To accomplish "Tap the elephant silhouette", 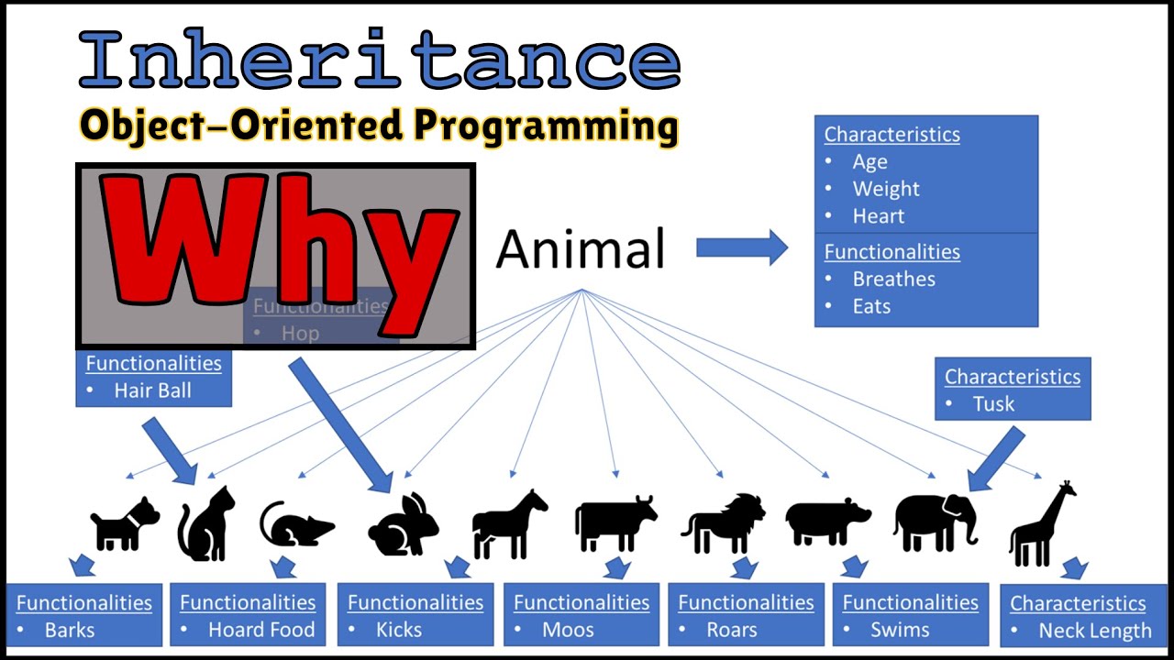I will (934, 522).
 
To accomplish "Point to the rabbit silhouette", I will (404, 526).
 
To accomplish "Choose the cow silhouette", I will (615, 522).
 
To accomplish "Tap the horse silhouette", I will (508, 524).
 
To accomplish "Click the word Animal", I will (581, 249).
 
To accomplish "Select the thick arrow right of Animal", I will (741, 247).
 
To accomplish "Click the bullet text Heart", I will (878, 216).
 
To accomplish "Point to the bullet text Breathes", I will (893, 280).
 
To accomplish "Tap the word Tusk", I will (993, 404).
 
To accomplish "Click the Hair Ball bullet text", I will (152, 390).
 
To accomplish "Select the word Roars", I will (731, 631).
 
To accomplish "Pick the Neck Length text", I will (1094, 632).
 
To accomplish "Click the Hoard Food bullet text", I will (260, 631).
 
